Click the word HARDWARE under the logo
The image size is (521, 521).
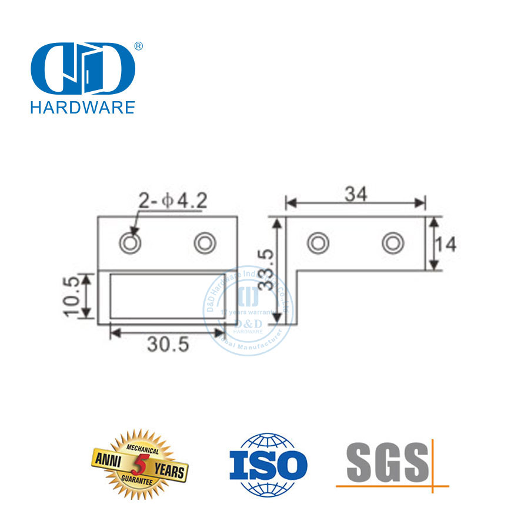[82, 107]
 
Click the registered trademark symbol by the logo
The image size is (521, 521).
[139, 46]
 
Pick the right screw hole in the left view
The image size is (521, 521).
[205, 242]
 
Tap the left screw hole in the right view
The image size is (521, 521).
[318, 242]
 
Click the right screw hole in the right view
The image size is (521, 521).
[392, 242]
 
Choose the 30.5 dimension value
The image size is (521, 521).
[168, 345]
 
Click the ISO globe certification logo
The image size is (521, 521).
[268, 464]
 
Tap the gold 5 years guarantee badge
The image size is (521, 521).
[139, 465]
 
